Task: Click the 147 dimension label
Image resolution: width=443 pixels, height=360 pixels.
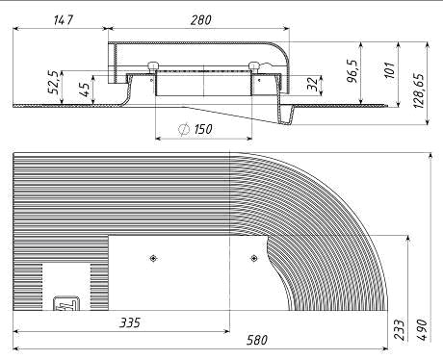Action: point(64,20)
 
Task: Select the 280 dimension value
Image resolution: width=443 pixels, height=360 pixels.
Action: point(201,20)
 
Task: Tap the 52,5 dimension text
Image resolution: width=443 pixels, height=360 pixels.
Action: point(53,83)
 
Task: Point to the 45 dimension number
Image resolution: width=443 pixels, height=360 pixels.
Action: point(84,90)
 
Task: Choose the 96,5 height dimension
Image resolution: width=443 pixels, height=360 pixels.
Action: point(353,70)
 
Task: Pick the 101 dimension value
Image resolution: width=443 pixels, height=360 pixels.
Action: point(389,70)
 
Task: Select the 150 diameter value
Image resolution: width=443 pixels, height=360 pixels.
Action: point(203,129)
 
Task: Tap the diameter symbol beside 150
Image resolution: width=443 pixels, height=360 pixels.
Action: point(184,129)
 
